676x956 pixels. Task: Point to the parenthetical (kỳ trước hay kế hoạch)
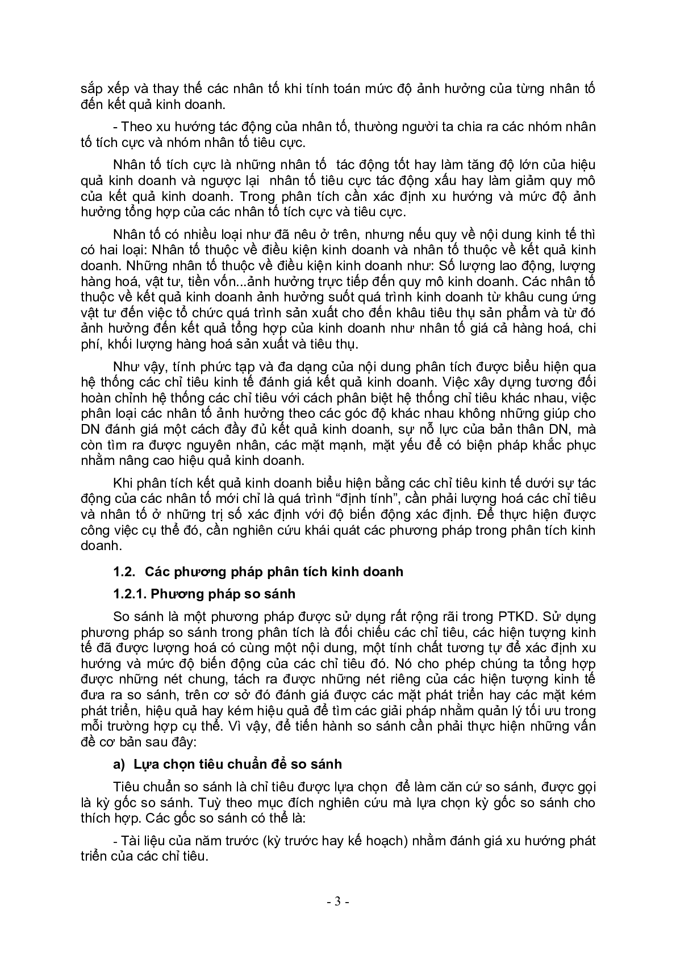point(336,841)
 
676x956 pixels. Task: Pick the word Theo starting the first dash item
point(136,127)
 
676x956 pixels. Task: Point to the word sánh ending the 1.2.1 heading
point(279,594)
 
